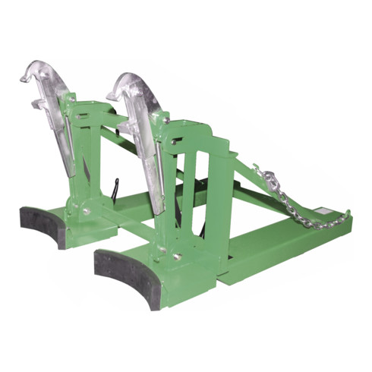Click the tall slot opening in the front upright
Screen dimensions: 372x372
click(x=191, y=186)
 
